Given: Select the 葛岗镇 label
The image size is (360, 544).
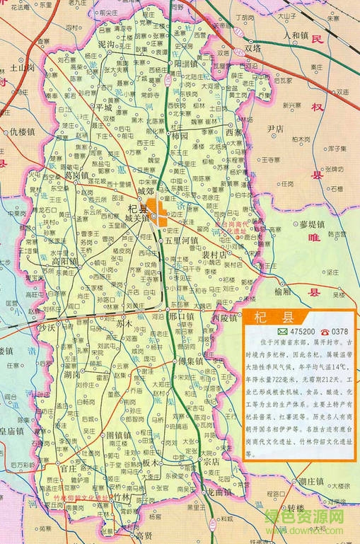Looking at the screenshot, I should click(x=76, y=175).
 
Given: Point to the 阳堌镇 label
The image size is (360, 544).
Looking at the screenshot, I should click(x=191, y=62).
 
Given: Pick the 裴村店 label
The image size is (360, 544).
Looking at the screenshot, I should click(x=214, y=253).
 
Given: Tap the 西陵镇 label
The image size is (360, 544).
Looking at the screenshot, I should click(x=225, y=318).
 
